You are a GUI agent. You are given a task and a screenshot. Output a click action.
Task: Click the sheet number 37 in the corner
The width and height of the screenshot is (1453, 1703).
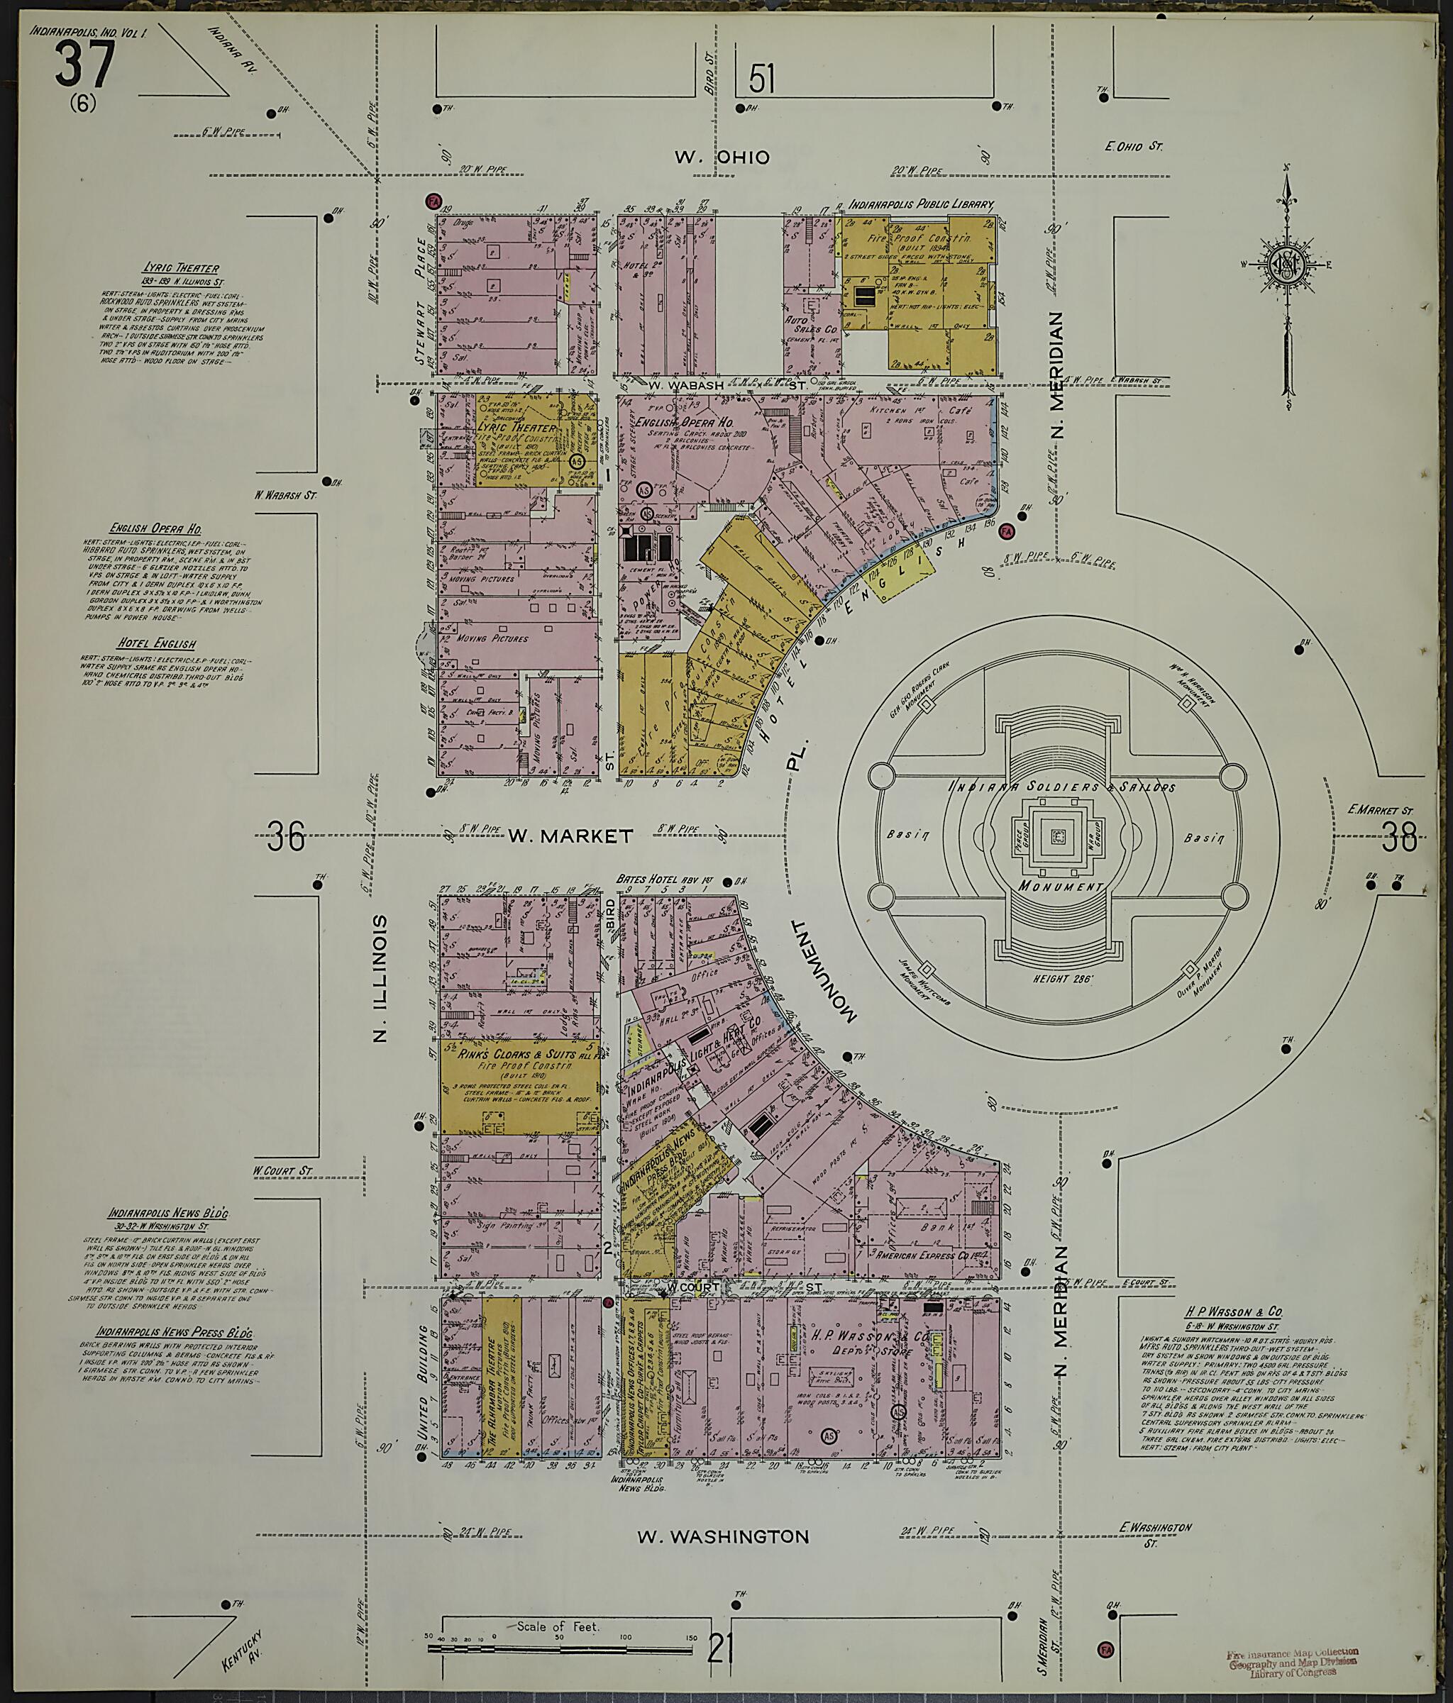(x=84, y=65)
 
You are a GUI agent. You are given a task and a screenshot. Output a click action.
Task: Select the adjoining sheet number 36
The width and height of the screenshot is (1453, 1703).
(x=285, y=838)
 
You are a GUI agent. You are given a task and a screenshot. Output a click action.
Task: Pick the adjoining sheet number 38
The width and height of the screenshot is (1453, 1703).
(x=1400, y=838)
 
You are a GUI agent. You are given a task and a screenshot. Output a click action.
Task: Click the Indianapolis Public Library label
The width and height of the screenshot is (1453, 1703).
(x=922, y=204)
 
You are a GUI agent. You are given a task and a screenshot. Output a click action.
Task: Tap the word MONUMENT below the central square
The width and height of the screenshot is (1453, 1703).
(x=1060, y=887)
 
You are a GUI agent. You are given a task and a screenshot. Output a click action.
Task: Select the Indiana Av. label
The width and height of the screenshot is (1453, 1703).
(x=233, y=50)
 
